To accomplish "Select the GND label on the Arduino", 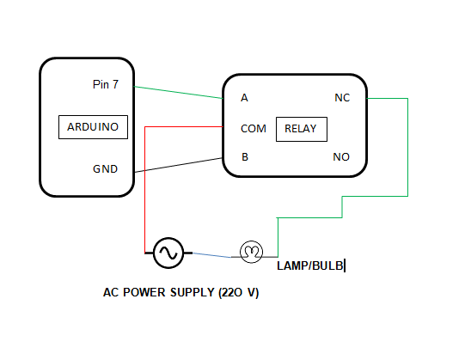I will click(106, 168).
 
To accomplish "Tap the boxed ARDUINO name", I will click(93, 127).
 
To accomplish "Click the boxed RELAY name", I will click(301, 130).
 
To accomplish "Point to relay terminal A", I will click(244, 98).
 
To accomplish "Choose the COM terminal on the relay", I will click(254, 129).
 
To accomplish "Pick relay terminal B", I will click(244, 157).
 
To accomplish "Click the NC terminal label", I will click(341, 98).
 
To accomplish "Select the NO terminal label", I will click(341, 157).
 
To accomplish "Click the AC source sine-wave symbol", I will click(168, 253).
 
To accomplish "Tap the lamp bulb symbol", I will click(251, 252).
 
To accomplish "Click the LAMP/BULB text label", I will click(309, 266).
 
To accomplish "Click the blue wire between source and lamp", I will click(211, 254).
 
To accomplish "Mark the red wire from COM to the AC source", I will click(145, 189).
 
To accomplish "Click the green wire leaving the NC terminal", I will click(407, 146).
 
